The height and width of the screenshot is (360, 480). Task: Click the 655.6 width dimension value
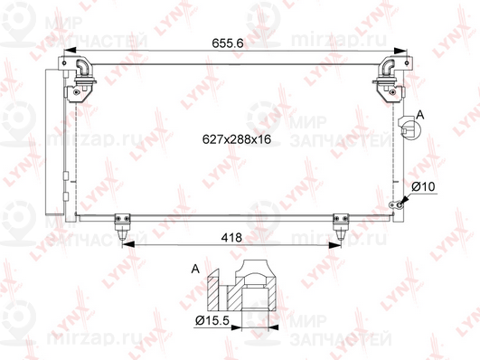228,43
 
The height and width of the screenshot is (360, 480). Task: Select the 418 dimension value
231,238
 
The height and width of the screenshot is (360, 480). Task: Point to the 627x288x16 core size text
237,139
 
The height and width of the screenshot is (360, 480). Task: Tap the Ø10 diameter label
423,186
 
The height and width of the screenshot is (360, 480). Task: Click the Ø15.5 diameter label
212,321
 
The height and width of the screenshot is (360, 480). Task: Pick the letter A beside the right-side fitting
420,115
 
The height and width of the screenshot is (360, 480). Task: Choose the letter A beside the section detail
195,269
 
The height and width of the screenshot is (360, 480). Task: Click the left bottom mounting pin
122,227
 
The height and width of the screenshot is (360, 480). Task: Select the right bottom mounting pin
341,227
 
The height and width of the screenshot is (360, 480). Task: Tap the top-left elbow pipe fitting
81,68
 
